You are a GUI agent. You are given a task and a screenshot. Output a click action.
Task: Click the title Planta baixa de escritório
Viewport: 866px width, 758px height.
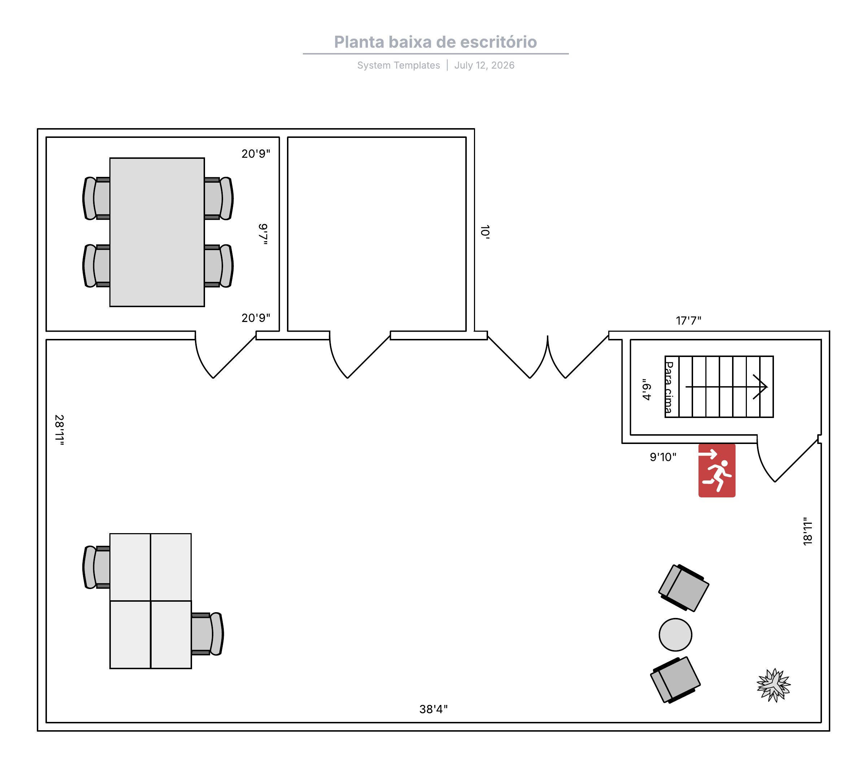pos(435,42)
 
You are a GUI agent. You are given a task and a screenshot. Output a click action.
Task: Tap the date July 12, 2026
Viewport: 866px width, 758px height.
pos(484,65)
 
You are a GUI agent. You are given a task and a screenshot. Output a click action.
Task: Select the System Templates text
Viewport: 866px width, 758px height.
pos(399,65)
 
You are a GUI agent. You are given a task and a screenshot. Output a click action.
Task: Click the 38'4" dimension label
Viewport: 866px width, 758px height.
pos(434,709)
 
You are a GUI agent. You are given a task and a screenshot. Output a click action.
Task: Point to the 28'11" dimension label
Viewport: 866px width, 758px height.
pos(60,430)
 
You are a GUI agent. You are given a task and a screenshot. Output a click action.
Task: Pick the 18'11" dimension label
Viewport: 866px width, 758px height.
pos(808,531)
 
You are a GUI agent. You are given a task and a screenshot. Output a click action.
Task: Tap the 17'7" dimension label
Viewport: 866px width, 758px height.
pos(688,321)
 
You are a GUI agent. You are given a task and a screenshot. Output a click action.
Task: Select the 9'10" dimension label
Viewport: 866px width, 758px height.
pos(663,457)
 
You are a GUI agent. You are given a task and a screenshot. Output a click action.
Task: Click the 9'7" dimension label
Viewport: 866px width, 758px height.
pos(263,234)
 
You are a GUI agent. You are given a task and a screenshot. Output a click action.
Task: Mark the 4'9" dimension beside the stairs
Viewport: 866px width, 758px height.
pos(647,389)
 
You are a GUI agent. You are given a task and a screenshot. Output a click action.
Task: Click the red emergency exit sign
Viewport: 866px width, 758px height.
pos(717,470)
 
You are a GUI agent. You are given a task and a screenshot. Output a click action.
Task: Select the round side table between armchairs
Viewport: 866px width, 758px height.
pos(675,635)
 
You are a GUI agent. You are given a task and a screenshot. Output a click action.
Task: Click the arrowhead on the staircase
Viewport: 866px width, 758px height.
pos(761,387)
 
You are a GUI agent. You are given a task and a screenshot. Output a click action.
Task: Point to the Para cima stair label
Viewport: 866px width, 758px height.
pos(669,387)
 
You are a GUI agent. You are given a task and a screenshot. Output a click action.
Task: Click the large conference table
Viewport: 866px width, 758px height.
pos(157,232)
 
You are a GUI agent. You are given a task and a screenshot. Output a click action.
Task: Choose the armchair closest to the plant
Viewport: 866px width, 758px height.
pos(675,680)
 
